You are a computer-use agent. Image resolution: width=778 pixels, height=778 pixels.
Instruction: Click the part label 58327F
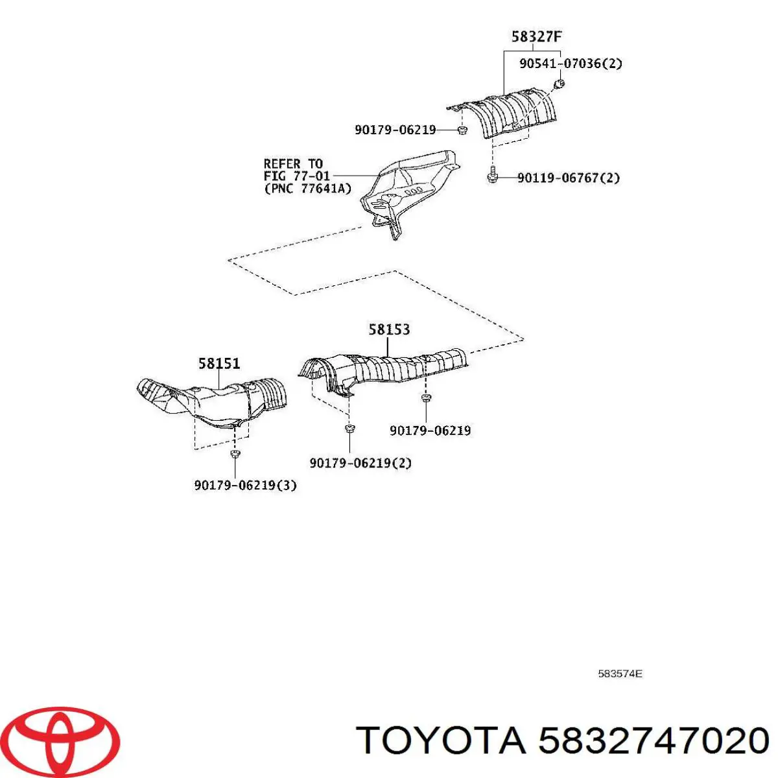(536, 36)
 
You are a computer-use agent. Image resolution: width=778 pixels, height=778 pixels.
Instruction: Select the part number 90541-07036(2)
(571, 64)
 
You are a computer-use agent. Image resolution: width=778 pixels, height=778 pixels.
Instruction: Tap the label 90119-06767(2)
(568, 178)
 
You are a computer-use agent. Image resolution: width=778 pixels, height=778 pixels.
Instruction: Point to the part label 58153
(389, 329)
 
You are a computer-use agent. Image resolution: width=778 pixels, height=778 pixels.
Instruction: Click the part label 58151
(219, 364)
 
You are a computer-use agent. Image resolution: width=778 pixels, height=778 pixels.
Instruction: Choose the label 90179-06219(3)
(245, 485)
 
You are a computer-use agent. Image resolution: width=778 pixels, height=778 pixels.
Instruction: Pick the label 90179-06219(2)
(360, 463)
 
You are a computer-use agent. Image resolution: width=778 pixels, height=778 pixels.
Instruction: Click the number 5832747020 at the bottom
(654, 740)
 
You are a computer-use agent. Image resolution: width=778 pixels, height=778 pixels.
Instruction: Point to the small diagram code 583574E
(619, 674)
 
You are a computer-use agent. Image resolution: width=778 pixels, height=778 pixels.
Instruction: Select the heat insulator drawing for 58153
(383, 370)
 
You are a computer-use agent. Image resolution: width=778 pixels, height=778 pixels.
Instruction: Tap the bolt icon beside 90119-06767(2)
(492, 175)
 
